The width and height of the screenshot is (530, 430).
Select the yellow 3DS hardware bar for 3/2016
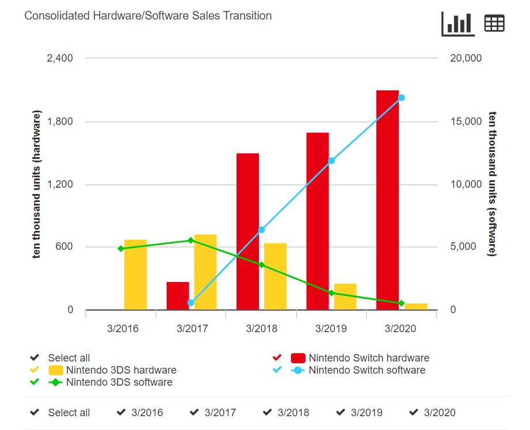(x=135, y=275)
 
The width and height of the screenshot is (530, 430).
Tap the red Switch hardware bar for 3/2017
(x=178, y=295)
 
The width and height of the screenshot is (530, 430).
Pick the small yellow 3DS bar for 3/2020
(x=416, y=306)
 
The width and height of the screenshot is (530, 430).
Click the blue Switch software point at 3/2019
(x=331, y=161)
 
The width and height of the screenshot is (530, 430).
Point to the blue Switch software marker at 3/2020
(x=401, y=98)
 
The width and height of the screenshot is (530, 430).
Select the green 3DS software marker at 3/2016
(x=121, y=249)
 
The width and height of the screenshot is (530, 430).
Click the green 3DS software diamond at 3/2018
(x=261, y=265)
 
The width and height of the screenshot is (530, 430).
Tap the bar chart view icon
(x=458, y=24)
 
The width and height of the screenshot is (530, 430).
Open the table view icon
(x=494, y=24)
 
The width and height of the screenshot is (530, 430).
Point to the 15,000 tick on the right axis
(x=466, y=121)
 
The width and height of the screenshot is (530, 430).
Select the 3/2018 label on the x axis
(x=261, y=329)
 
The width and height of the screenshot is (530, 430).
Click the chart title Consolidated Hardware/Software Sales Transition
(x=148, y=16)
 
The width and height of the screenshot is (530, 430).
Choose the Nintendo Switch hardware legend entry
(x=368, y=358)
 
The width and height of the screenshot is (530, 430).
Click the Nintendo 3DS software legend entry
(x=119, y=382)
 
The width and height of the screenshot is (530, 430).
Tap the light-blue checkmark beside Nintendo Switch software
(x=277, y=370)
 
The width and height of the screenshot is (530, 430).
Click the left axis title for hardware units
(x=37, y=184)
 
